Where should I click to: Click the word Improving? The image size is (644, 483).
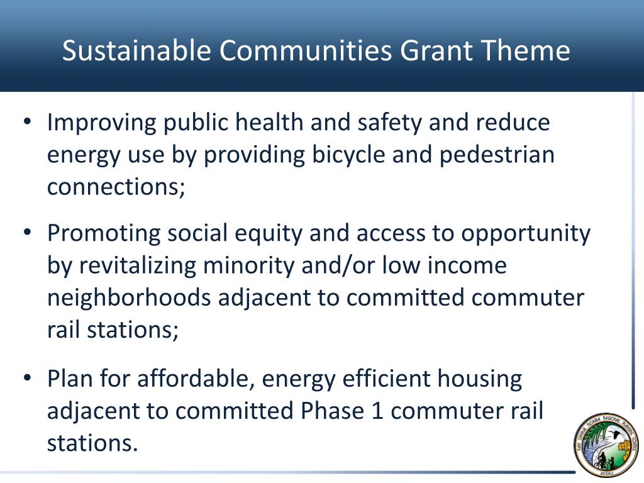[101, 123]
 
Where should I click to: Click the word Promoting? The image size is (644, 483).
[103, 233]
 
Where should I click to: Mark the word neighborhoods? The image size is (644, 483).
[129, 298]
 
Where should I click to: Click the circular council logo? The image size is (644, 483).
[605, 445]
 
